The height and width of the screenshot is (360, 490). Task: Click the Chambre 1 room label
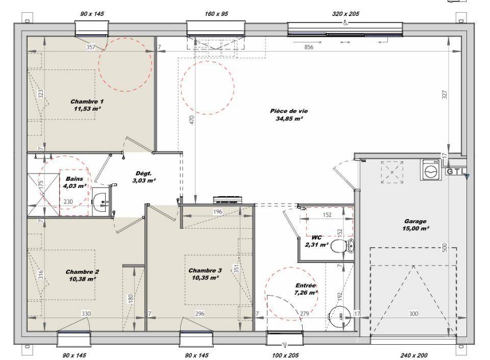[x=87, y=105]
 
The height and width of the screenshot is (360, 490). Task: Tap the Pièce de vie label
[x=289, y=115]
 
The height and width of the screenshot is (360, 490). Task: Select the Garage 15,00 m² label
[x=415, y=225]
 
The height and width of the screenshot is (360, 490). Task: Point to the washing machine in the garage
[x=431, y=170]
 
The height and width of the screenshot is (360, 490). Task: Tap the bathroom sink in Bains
[x=101, y=202]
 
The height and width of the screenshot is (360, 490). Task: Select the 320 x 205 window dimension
[x=346, y=14]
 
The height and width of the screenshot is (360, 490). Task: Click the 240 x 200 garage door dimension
[x=414, y=355]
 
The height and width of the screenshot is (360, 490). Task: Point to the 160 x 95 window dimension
[x=216, y=14]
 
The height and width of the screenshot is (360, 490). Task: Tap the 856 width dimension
[x=309, y=47]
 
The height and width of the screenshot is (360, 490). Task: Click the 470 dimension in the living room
[x=192, y=119]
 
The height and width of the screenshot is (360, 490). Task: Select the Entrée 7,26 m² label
[x=306, y=289]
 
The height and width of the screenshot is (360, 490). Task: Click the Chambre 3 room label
[x=205, y=274]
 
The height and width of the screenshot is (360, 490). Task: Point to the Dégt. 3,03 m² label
[x=144, y=177]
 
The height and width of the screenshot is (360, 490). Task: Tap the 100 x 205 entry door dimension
[x=285, y=355]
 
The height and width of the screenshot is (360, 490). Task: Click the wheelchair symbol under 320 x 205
[x=346, y=22]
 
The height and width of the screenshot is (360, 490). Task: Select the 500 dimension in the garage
[x=445, y=248]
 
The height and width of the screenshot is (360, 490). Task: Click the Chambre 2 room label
[x=82, y=275]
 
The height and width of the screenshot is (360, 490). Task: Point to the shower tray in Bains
[x=43, y=195]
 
